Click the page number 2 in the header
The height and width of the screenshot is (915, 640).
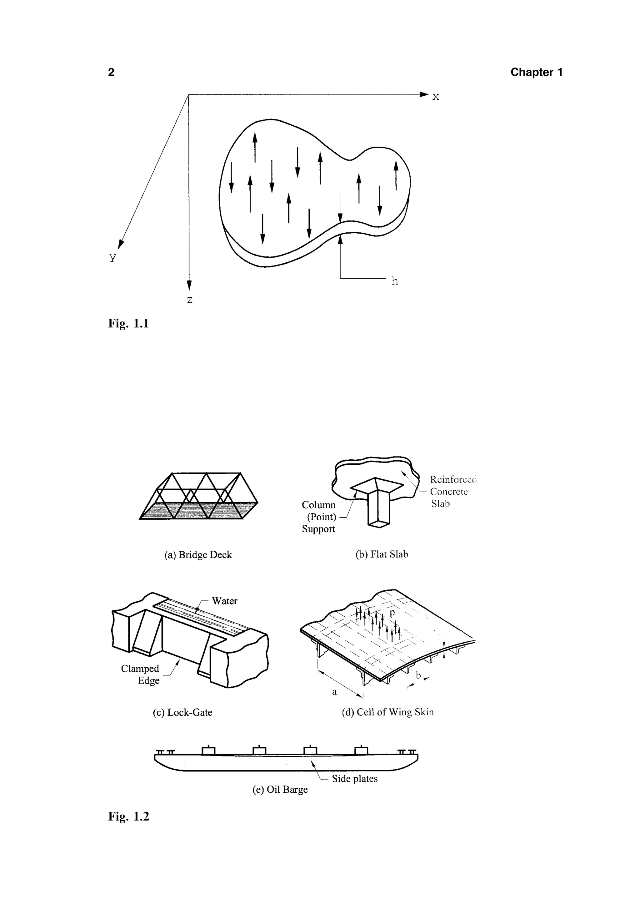[111, 72]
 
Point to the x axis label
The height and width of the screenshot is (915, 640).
[436, 96]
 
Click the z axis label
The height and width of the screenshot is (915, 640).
[190, 299]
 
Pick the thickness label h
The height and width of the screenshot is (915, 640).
[394, 281]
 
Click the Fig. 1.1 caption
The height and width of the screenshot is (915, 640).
[128, 323]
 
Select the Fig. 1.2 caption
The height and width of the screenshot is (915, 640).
[128, 816]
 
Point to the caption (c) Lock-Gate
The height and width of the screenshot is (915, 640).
[182, 712]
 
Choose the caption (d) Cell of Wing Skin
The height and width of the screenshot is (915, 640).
[387, 712]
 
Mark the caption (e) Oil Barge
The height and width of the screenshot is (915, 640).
[280, 790]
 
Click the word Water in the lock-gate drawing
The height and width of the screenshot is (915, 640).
[225, 601]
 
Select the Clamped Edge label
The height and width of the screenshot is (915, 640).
[140, 674]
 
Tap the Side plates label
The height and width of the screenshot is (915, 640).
[354, 779]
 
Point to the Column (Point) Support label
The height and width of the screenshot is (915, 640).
[319, 517]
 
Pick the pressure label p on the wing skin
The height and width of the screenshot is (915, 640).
[392, 613]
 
